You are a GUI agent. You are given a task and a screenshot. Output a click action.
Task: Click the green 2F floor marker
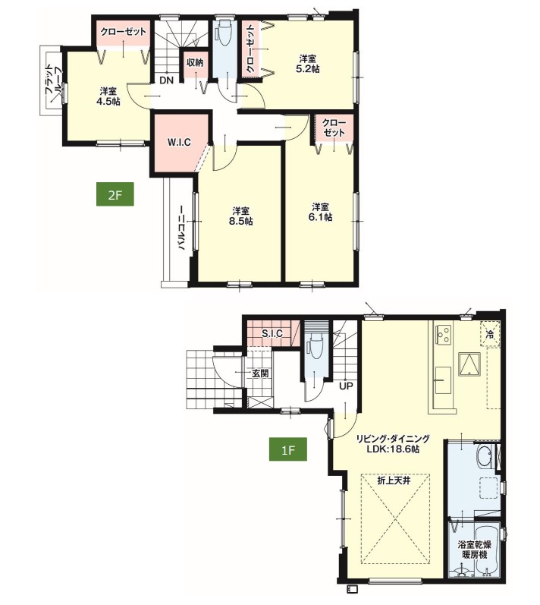pyautogui.click(x=115, y=194)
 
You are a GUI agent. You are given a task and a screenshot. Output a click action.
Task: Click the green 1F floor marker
pyautogui.click(x=288, y=449)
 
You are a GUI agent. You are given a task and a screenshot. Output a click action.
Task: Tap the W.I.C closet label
pyautogui.click(x=179, y=142)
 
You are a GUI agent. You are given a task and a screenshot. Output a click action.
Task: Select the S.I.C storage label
pyautogui.click(x=272, y=333)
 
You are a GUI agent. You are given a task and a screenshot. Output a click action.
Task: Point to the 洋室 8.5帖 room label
pyautogui.click(x=243, y=216)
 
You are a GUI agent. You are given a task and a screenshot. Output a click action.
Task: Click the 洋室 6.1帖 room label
pyautogui.click(x=320, y=212)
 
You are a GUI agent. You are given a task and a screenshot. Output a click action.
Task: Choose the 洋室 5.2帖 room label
pyautogui.click(x=309, y=64)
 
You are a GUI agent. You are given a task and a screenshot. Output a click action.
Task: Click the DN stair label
pyautogui.click(x=167, y=80)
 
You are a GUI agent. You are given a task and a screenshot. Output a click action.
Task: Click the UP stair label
pyautogui.click(x=346, y=386)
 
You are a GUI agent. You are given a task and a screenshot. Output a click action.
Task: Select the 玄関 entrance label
pyautogui.click(x=260, y=373)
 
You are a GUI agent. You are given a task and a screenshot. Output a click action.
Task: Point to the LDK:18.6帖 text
pyautogui.click(x=393, y=449)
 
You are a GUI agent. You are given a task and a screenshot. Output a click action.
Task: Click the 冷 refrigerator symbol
pyautogui.click(x=490, y=334)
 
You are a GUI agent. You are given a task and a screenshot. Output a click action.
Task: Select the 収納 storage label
pyautogui.click(x=195, y=62)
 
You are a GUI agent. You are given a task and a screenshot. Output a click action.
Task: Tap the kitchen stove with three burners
pyautogui.click(x=444, y=335)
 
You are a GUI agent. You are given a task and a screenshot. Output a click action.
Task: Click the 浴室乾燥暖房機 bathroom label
pyautogui.click(x=475, y=550)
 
